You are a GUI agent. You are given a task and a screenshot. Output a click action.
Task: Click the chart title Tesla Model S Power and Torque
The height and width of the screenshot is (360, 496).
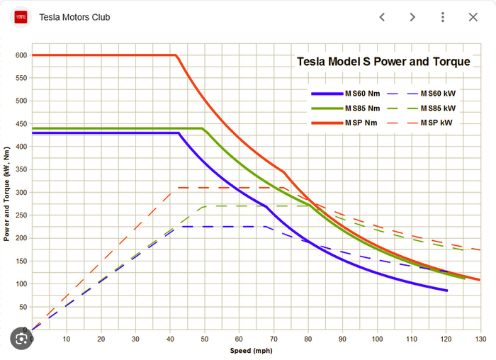click(383, 62)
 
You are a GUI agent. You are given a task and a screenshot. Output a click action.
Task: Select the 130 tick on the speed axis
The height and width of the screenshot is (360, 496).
click(480, 339)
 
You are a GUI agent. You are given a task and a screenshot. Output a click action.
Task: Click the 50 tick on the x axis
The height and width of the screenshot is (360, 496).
click(205, 339)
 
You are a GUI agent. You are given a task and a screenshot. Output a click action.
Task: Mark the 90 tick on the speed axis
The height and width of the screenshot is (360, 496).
click(343, 339)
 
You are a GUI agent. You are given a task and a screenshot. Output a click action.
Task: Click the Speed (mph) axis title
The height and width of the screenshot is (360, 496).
click(251, 351)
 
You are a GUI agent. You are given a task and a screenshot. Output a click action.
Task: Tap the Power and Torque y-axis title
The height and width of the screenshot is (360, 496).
click(6, 191)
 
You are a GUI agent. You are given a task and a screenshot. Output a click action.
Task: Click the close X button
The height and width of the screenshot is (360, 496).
click(473, 17)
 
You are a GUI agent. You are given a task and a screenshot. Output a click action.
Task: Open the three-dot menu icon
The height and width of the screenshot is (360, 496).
click(443, 17)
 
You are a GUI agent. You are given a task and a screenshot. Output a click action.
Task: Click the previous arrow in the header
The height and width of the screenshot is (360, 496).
click(382, 17)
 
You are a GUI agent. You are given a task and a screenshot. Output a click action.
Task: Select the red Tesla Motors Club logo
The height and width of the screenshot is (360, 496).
click(21, 17)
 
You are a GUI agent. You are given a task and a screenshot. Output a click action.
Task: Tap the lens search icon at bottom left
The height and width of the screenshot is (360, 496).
click(21, 339)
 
